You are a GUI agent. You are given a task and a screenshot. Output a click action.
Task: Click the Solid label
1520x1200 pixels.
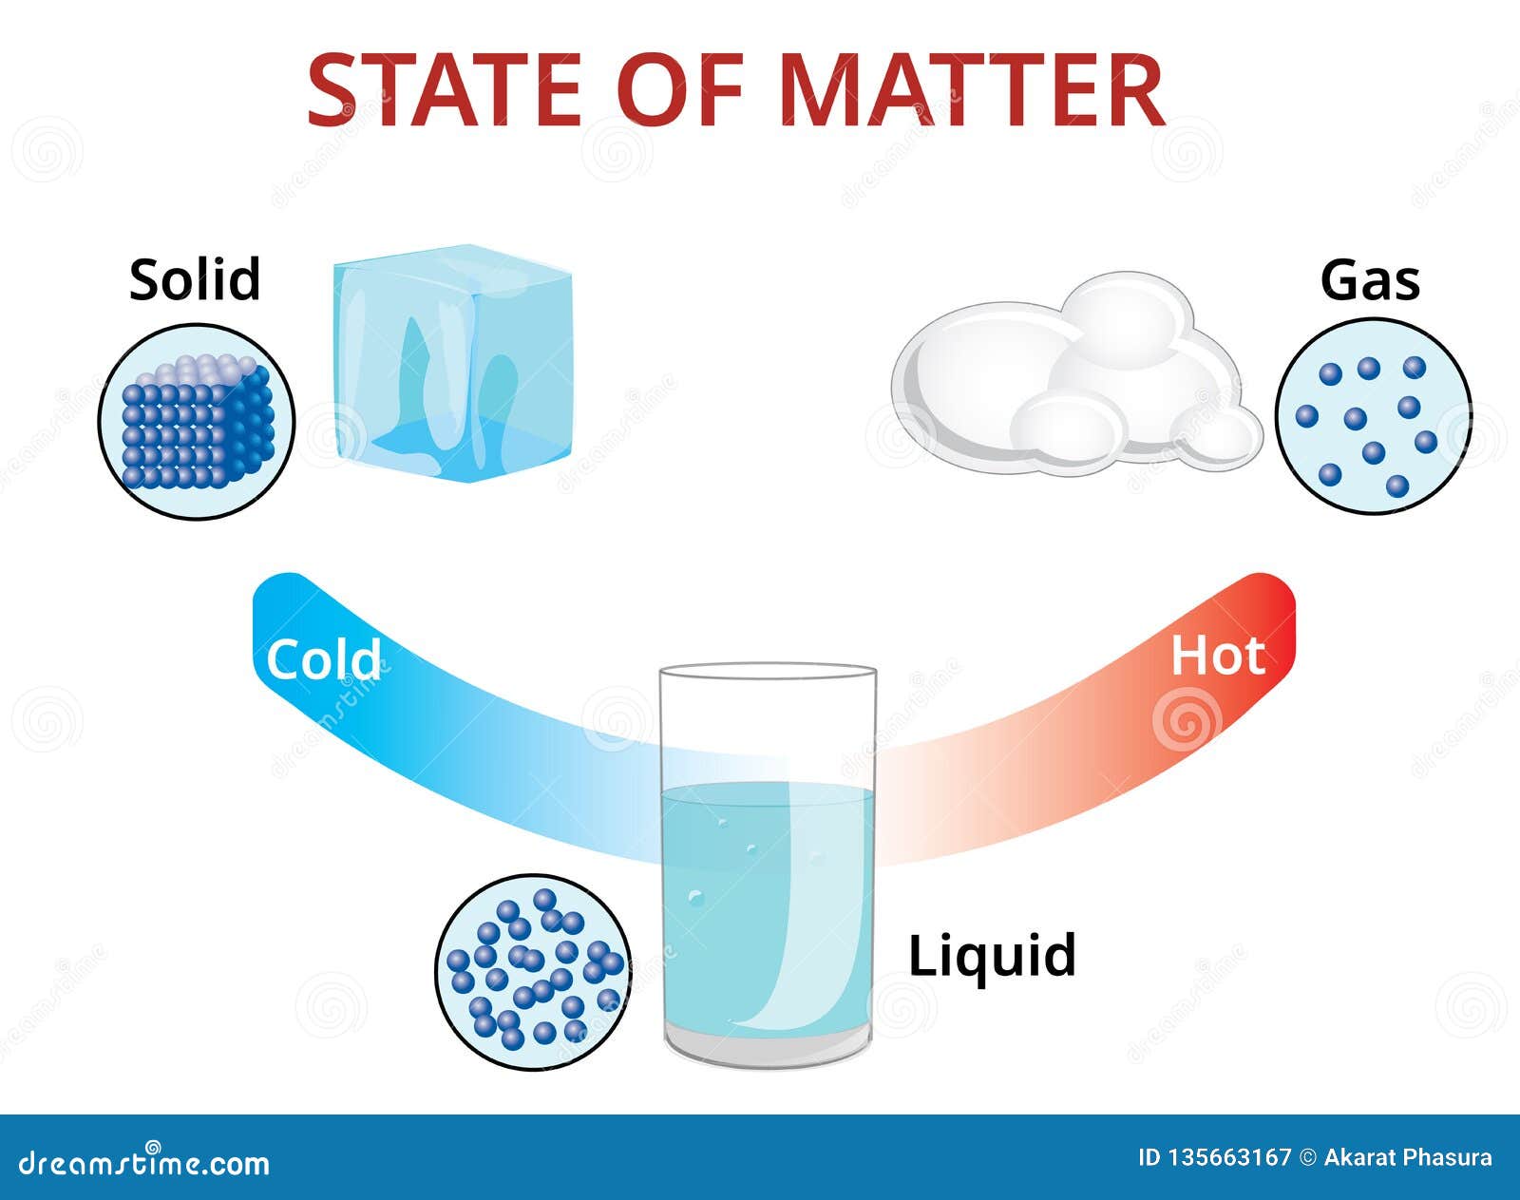coord(195,280)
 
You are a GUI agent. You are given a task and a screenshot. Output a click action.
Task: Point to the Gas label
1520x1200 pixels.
coord(1370,280)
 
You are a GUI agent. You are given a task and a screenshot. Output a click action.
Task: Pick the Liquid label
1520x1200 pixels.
coord(992,955)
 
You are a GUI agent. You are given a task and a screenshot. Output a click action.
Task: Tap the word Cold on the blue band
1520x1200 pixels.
coord(323,658)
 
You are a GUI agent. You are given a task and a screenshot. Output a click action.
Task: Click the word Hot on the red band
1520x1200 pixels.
coord(1217,656)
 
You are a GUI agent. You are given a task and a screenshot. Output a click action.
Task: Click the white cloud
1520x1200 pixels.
coord(1073,380)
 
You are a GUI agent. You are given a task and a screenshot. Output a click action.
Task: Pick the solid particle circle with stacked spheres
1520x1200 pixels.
coord(197,421)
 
